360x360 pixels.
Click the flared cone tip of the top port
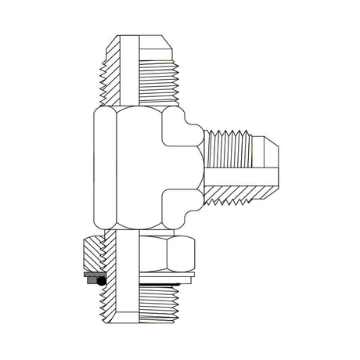tap(156, 41)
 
